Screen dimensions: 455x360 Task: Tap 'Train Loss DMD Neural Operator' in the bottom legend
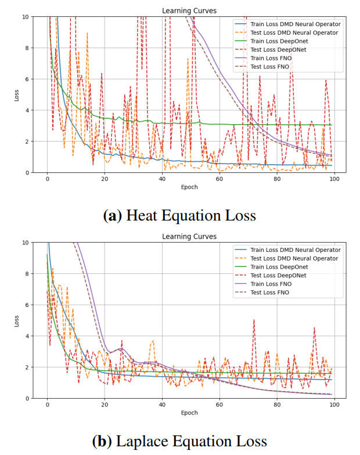pyautogui.click(x=294, y=250)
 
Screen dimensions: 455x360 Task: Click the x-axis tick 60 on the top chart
pyautogui.click(x=219, y=179)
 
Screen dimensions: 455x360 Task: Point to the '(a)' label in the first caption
pyautogui.click(x=113, y=216)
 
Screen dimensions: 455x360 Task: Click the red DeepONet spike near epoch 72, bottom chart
pyautogui.click(x=254, y=321)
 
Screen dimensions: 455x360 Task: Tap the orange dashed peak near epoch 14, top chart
pyautogui.click(x=87, y=34)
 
